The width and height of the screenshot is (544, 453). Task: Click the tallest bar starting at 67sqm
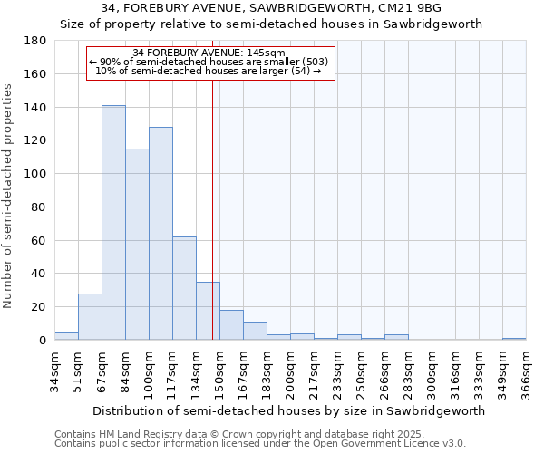(113, 223)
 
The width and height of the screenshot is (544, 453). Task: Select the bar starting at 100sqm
(160, 234)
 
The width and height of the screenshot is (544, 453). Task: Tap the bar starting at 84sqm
(137, 245)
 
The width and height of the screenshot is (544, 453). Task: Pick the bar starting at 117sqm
(184, 288)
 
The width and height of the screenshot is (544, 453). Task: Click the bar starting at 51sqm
(90, 317)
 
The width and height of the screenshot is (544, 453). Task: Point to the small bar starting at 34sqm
(66, 336)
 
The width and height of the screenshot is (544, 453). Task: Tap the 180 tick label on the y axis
(35, 41)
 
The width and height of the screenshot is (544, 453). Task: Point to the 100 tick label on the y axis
(35, 174)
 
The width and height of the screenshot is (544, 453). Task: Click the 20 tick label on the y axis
(39, 307)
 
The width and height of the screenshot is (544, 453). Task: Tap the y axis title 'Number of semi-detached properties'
(8, 195)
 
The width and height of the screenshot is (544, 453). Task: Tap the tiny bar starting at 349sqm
(514, 339)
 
